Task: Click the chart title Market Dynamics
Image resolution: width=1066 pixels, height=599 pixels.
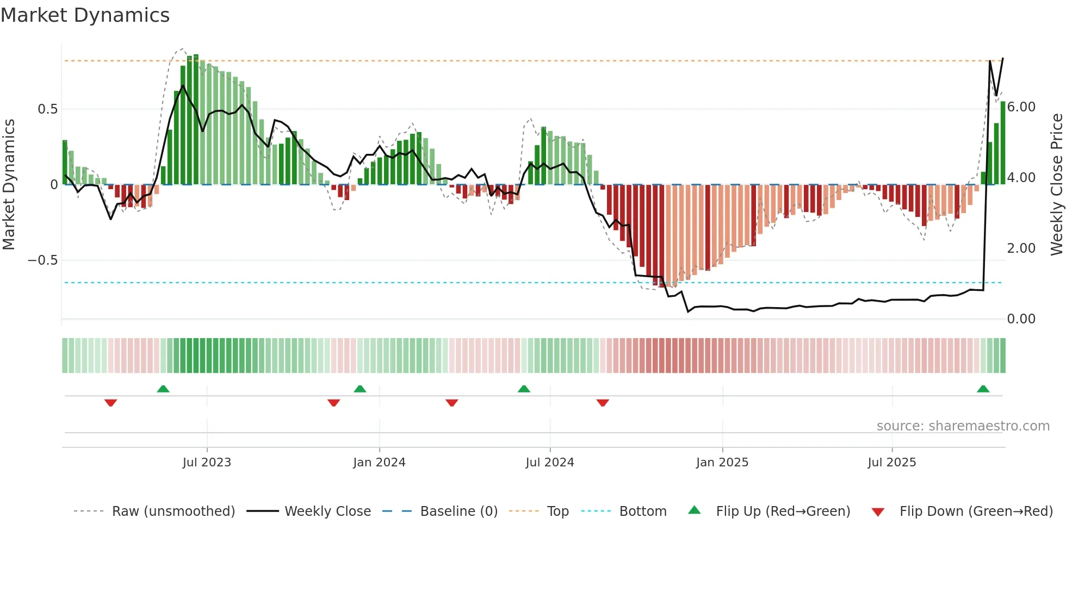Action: (x=85, y=15)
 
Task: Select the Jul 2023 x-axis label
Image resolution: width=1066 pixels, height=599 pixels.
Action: (x=207, y=463)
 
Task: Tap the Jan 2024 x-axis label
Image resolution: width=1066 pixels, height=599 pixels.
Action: (x=379, y=463)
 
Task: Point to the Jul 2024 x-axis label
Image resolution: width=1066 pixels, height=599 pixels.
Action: (x=549, y=463)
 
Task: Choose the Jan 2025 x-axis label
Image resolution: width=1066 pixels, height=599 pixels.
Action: (x=722, y=463)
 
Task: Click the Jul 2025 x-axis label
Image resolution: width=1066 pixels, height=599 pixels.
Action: (x=891, y=463)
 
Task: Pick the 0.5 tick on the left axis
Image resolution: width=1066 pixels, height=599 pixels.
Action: (x=47, y=109)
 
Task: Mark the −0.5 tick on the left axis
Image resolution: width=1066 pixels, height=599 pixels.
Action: (x=43, y=260)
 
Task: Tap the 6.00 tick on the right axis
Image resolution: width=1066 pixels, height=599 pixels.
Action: (x=1021, y=107)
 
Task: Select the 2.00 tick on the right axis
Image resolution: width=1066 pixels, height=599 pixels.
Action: (x=1021, y=248)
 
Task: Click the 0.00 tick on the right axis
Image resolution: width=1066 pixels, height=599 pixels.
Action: (x=1021, y=319)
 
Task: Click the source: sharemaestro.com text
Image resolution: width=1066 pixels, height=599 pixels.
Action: (x=963, y=426)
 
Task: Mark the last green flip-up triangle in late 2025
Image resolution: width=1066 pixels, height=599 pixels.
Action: (x=983, y=389)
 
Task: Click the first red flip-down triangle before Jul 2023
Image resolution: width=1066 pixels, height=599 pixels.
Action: (x=110, y=403)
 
